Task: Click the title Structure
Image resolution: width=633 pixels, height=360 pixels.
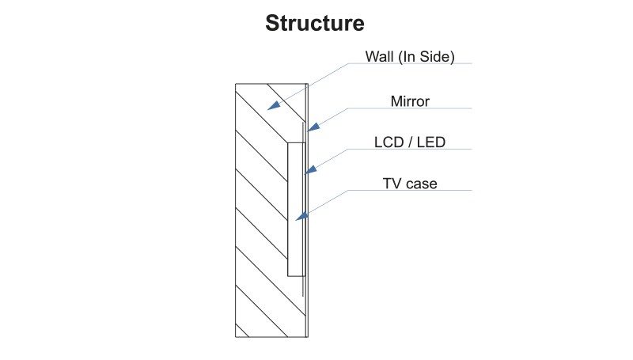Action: pos(315,23)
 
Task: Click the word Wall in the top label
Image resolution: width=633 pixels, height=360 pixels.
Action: pos(378,57)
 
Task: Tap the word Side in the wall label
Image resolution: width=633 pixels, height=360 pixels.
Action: pos(437,57)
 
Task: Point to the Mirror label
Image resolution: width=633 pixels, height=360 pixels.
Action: pos(410,101)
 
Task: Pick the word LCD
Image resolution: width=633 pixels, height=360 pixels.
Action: pos(388,142)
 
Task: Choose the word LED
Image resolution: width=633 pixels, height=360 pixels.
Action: pos(430,142)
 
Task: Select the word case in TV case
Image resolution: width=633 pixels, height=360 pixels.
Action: pos(421,184)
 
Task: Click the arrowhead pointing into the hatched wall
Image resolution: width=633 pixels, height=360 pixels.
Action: pos(274,104)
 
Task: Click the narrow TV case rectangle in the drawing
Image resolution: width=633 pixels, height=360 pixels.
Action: pos(295,237)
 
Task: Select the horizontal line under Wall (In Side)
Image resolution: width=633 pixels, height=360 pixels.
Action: pos(443,65)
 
